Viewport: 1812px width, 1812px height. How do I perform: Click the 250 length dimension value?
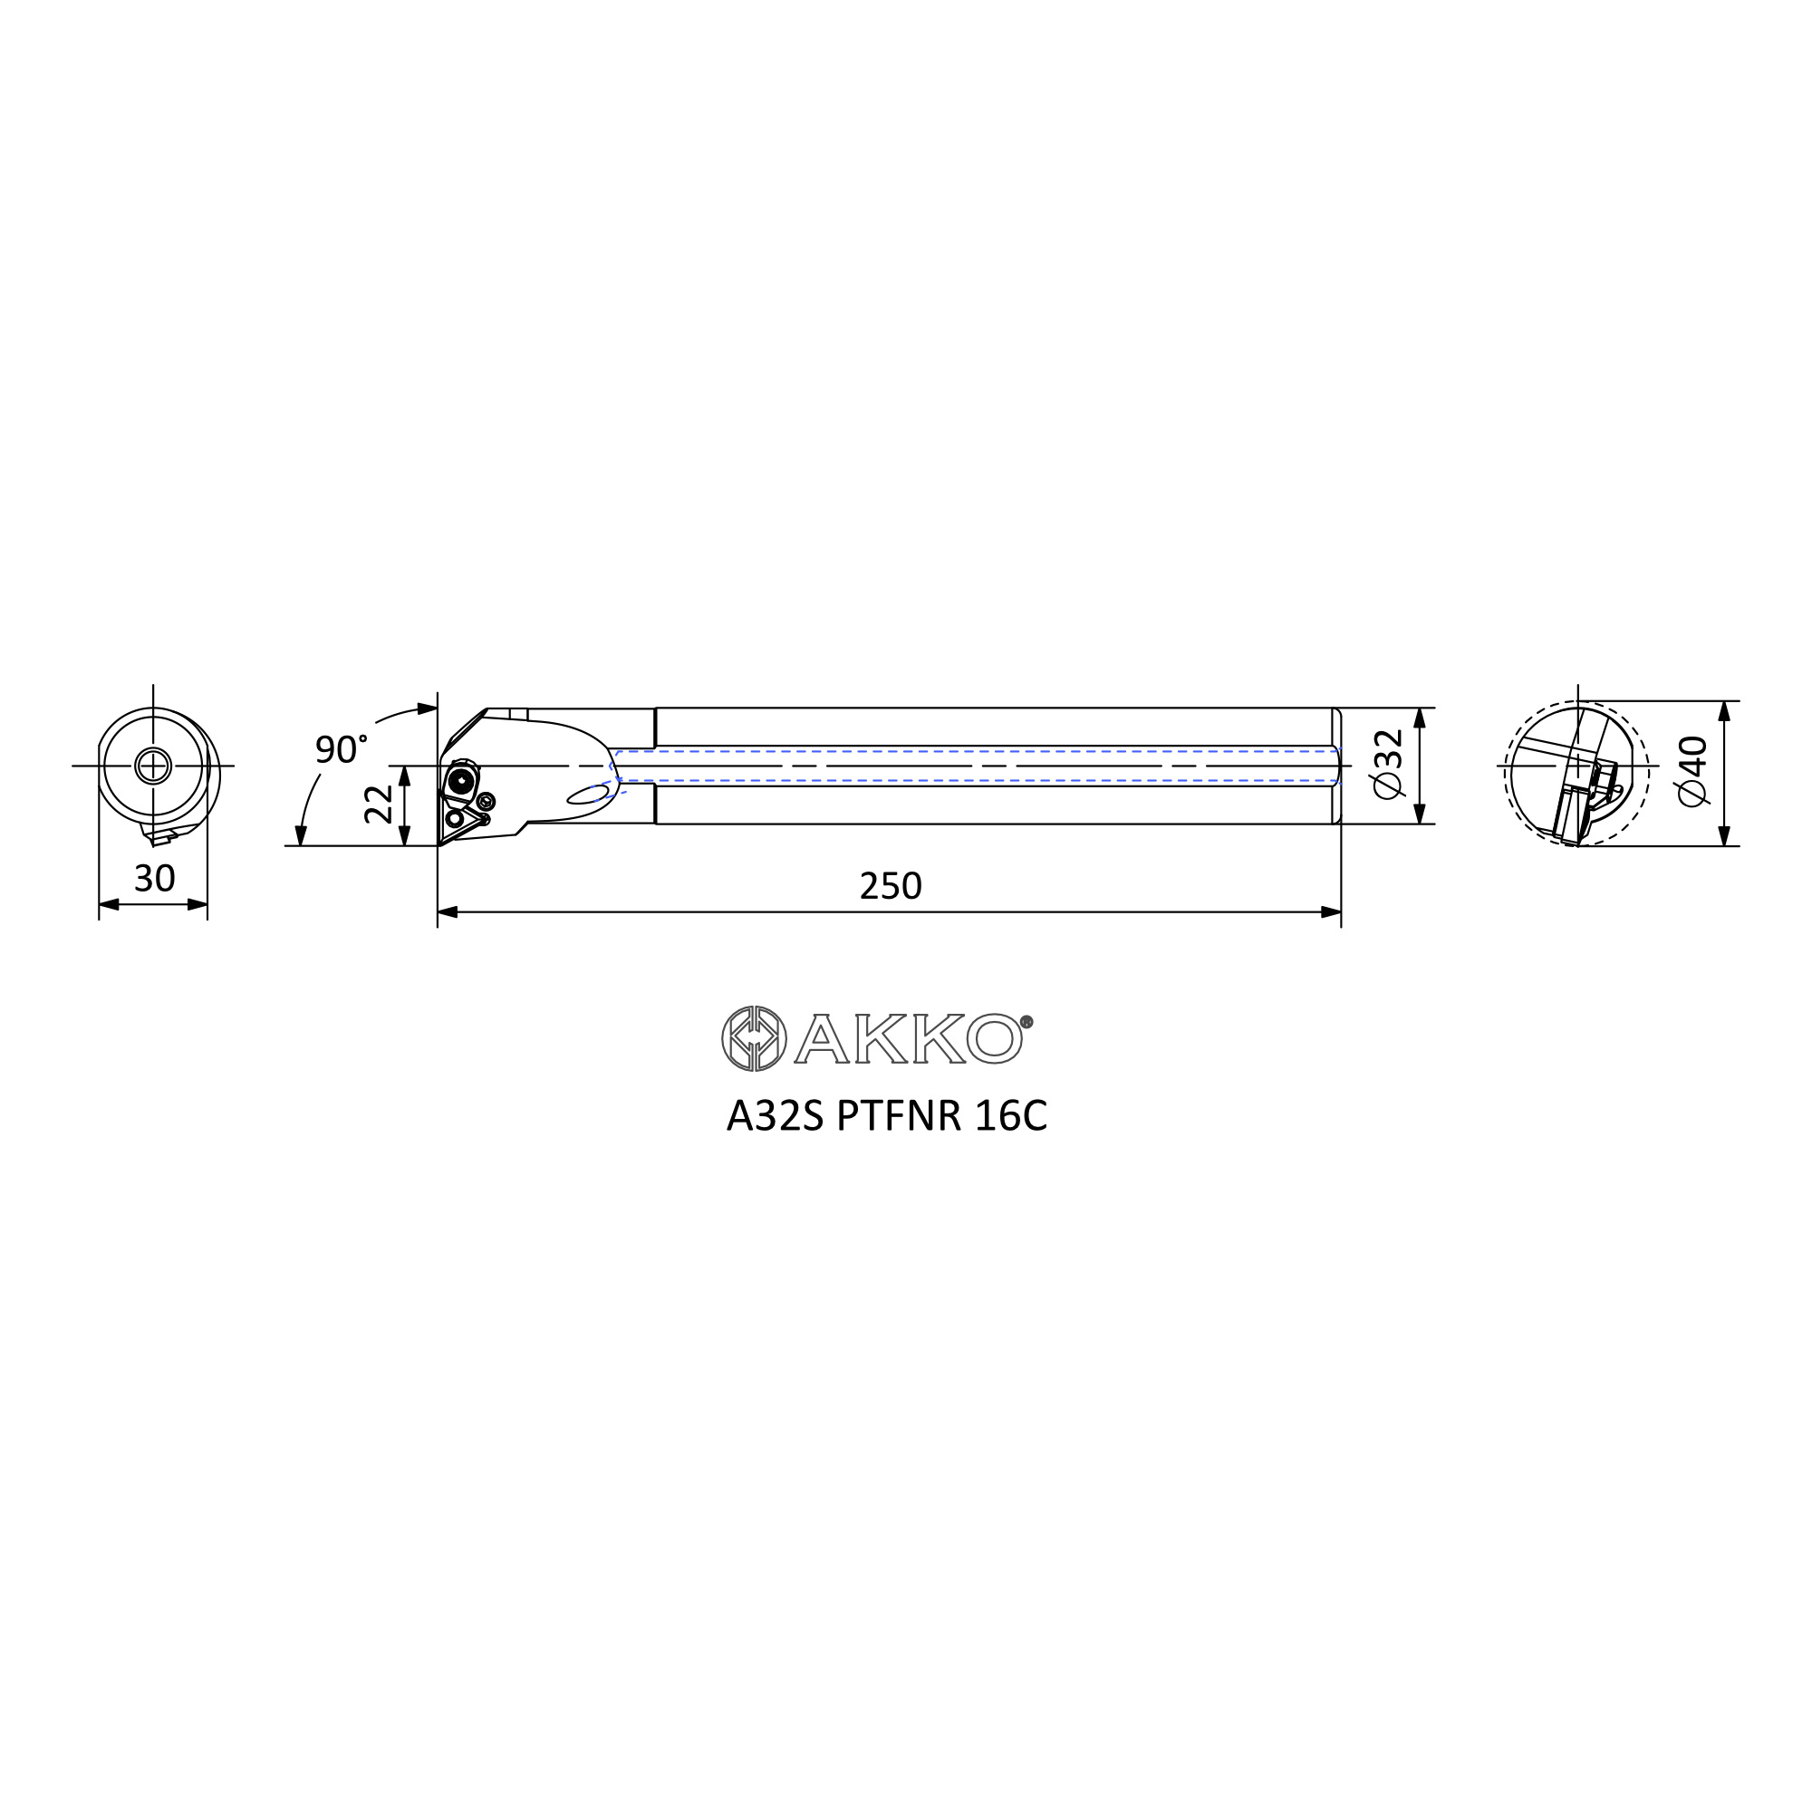click(890, 885)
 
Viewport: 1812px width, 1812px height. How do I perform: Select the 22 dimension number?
click(379, 805)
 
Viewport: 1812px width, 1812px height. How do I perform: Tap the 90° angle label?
click(341, 749)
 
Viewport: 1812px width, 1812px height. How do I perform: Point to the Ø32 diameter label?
click(1388, 764)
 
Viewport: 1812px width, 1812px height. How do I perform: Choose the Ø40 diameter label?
click(1693, 770)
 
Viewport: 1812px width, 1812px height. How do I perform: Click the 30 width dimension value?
click(155, 878)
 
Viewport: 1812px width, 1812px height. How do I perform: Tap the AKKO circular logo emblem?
click(754, 1038)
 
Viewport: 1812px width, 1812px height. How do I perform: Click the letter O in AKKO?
click(994, 1038)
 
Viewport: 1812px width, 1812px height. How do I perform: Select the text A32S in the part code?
click(775, 1116)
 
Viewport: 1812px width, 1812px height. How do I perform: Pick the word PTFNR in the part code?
click(899, 1116)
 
